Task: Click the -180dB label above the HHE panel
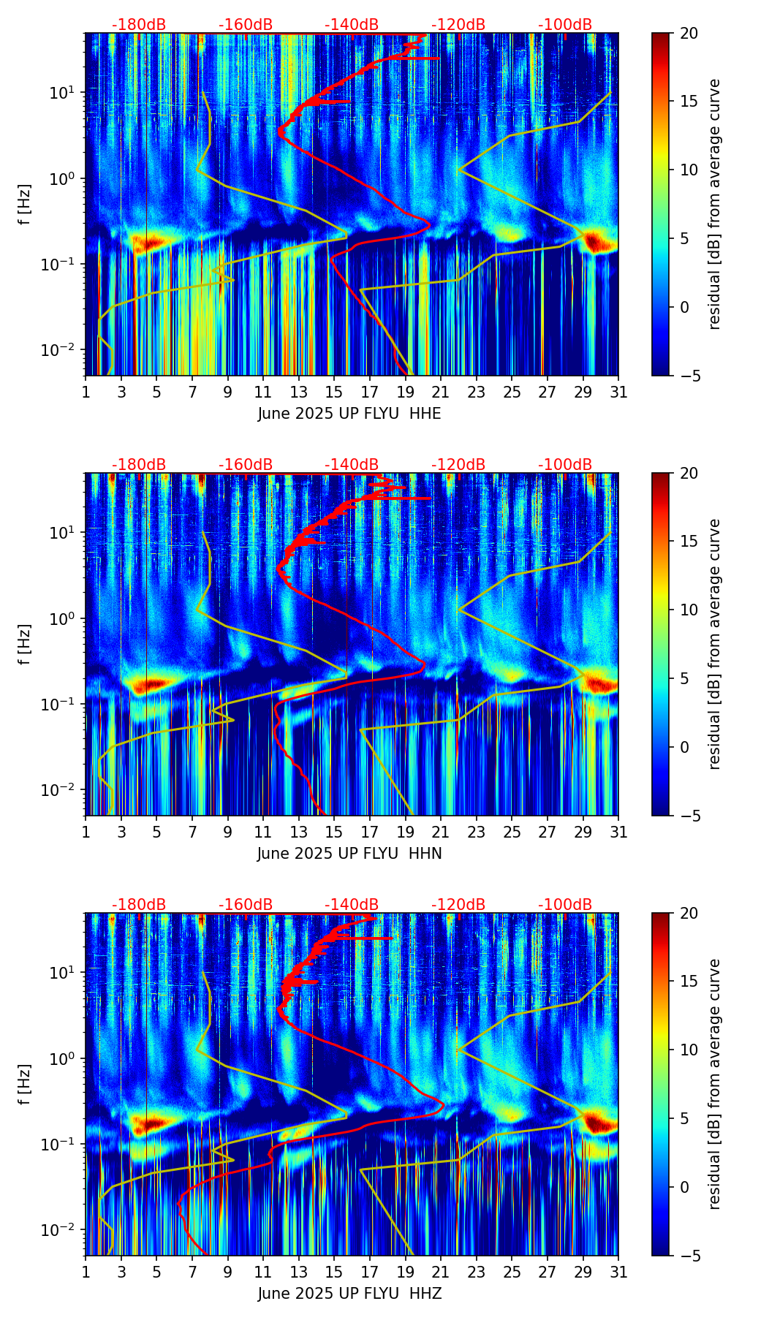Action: [x=139, y=25]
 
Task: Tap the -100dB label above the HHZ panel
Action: [x=565, y=905]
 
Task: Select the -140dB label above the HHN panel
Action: [x=352, y=465]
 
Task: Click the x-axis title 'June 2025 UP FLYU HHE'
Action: [x=349, y=414]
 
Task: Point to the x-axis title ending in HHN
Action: [x=349, y=854]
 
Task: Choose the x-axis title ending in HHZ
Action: [x=349, y=1294]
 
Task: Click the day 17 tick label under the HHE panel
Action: [x=369, y=392]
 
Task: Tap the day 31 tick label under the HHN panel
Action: [x=618, y=832]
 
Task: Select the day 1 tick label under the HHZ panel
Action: [x=86, y=1272]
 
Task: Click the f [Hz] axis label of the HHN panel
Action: [x=26, y=644]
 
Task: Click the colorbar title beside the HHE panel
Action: [x=715, y=204]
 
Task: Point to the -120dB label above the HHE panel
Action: [x=458, y=25]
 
